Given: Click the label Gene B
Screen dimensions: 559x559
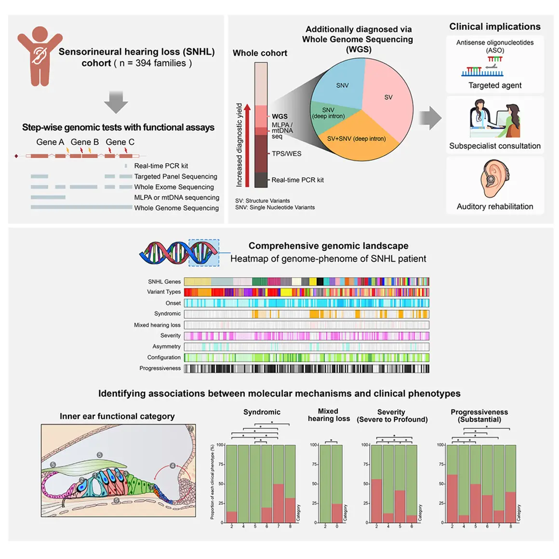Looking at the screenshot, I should click(x=84, y=142).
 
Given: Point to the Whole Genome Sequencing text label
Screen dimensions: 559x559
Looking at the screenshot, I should click(x=176, y=208).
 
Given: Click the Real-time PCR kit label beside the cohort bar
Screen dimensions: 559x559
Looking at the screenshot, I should click(x=297, y=180).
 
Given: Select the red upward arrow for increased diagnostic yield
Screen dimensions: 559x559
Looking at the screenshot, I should click(x=247, y=145).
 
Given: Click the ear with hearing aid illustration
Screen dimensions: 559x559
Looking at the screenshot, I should click(x=493, y=179).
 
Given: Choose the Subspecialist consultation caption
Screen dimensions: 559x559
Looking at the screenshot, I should click(x=494, y=146).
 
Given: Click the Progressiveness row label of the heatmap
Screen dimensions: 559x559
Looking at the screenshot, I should click(x=160, y=368).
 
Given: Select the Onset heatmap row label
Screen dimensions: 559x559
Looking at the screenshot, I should click(x=173, y=303).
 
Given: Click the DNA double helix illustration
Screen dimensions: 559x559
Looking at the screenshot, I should click(x=179, y=253).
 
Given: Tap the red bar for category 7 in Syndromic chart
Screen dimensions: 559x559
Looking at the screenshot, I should click(x=278, y=503).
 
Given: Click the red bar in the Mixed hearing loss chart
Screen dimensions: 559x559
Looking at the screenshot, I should click(x=337, y=513).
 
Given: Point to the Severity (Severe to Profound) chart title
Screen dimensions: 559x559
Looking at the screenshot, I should click(x=392, y=416).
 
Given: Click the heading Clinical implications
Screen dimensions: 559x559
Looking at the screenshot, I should click(x=494, y=27).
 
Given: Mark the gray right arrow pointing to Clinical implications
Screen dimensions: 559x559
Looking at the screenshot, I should click(x=430, y=118).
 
